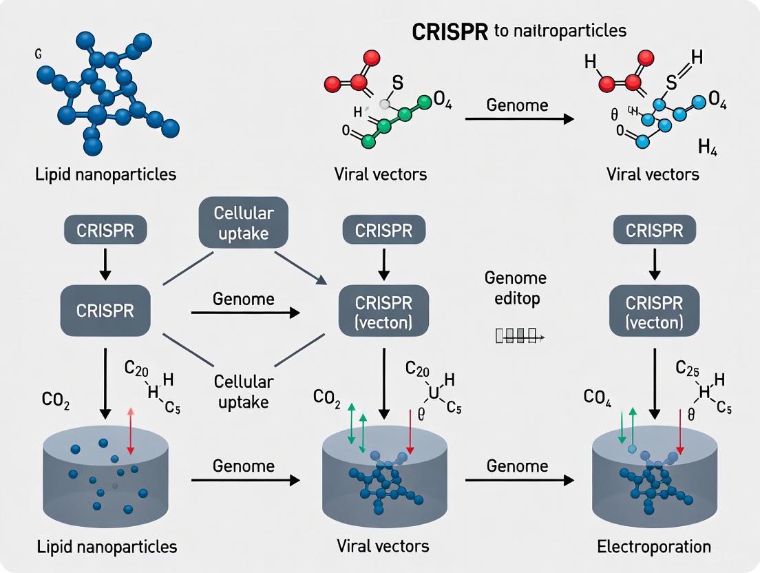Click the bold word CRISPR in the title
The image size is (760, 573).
click(450, 32)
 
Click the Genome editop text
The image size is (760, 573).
click(516, 289)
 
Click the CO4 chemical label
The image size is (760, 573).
click(598, 397)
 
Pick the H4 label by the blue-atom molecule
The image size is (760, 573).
click(707, 147)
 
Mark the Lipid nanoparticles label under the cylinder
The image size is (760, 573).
click(106, 546)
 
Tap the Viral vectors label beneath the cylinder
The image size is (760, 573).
click(383, 546)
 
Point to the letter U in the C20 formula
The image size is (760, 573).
click(434, 393)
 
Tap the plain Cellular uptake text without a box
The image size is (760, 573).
click(243, 391)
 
